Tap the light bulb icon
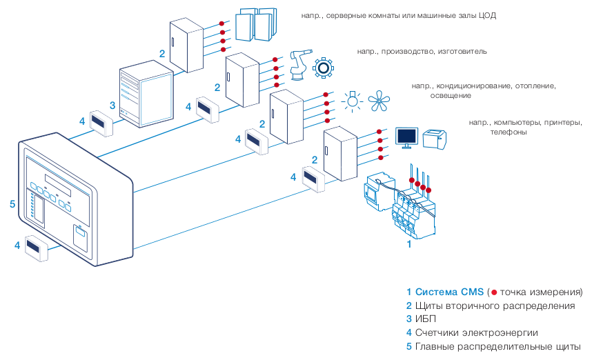click(x=353, y=101)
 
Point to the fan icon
click(x=378, y=102)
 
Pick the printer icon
click(x=434, y=138)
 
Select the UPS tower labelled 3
click(x=145, y=97)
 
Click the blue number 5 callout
click(x=12, y=204)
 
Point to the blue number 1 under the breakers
click(x=408, y=243)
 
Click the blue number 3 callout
click(x=112, y=106)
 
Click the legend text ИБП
click(x=426, y=319)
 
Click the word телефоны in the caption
click(x=509, y=132)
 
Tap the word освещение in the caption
click(x=431, y=96)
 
